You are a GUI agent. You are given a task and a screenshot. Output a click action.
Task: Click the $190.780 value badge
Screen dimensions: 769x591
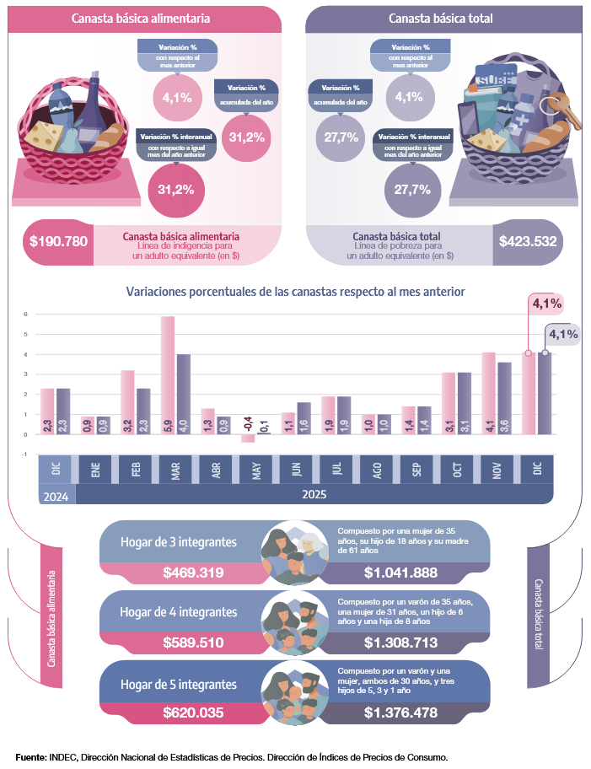click(58, 241)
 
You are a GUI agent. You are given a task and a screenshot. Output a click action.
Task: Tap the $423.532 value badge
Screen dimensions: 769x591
click(528, 241)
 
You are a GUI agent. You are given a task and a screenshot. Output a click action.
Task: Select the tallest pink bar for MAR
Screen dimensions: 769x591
click(168, 375)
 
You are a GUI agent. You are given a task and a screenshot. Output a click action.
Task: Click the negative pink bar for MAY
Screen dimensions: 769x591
click(248, 438)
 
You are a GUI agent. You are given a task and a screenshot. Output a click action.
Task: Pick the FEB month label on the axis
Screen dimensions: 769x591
click(134, 469)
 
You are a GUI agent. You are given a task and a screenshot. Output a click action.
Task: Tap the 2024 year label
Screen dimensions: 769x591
click(56, 497)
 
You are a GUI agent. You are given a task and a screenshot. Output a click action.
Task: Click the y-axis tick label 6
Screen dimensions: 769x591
click(25, 315)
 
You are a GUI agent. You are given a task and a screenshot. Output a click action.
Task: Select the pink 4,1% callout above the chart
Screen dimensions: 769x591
click(545, 303)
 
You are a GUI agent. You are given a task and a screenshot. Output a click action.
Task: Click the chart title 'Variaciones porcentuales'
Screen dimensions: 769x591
click(295, 291)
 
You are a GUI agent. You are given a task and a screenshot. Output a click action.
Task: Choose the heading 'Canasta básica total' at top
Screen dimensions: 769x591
click(441, 18)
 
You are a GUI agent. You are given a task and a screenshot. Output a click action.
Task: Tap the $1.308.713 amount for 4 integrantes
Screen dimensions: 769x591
click(400, 643)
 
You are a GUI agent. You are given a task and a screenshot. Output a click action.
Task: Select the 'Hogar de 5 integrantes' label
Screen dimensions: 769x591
click(178, 684)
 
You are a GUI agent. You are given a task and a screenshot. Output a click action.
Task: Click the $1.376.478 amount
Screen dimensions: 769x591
click(400, 713)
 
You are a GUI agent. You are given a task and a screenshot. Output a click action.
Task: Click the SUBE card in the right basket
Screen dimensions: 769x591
click(488, 81)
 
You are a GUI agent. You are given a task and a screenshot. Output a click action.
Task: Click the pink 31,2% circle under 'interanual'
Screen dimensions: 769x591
click(175, 189)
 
